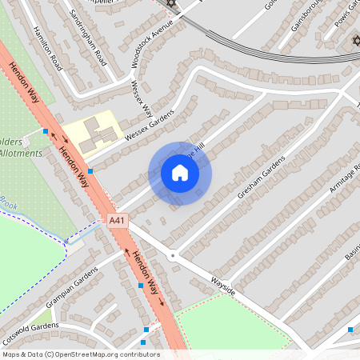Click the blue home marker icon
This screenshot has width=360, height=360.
[x=180, y=172]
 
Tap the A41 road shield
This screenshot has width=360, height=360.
[x=117, y=219]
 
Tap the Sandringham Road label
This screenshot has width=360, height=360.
[x=88, y=37]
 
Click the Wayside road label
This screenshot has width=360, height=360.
[x=223, y=287]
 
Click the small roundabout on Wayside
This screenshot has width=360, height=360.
[x=172, y=256]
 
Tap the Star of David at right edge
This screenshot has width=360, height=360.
[x=355, y=40]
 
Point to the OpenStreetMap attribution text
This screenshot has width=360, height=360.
[x=80, y=354]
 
